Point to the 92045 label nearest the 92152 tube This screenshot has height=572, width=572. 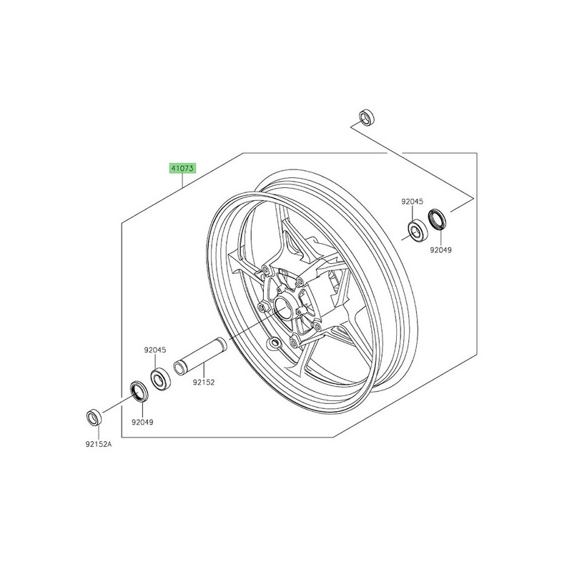(154, 350)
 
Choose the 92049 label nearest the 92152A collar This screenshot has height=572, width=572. (142, 422)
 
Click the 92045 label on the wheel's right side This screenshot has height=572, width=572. (413, 202)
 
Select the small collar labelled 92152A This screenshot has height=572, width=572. (93, 416)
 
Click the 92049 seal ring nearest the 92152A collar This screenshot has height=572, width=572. (137, 390)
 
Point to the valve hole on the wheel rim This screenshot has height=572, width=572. (272, 344)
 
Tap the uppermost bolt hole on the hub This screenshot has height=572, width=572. (266, 270)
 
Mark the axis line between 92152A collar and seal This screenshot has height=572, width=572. (114, 405)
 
